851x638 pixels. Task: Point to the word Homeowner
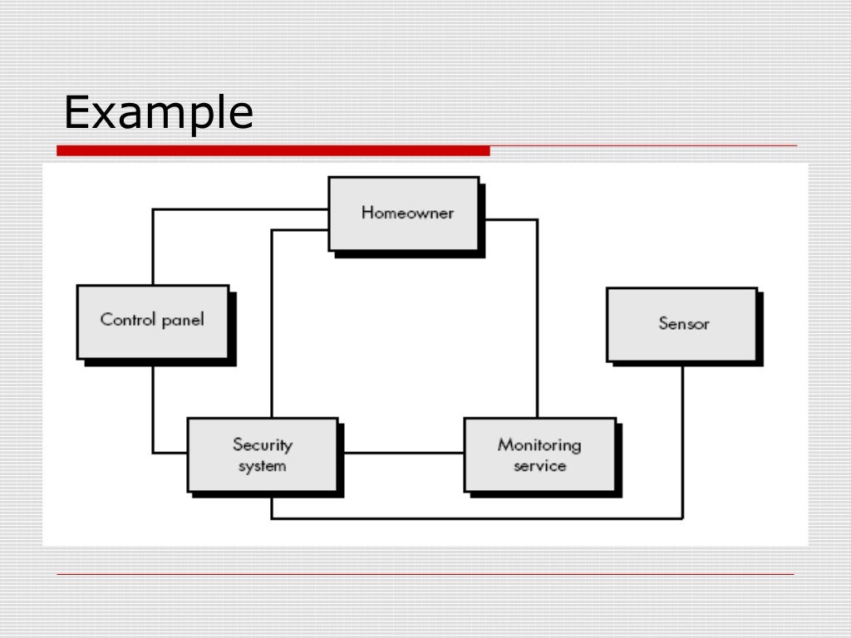(x=407, y=213)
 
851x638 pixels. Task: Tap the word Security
(x=263, y=444)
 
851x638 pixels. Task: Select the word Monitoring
(x=539, y=444)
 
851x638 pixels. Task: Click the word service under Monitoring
(x=539, y=466)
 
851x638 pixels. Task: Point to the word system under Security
(x=262, y=466)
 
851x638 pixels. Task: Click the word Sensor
(x=684, y=323)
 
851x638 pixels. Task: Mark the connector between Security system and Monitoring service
(x=401, y=453)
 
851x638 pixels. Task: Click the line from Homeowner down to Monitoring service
(x=537, y=316)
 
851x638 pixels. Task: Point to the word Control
(x=124, y=319)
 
